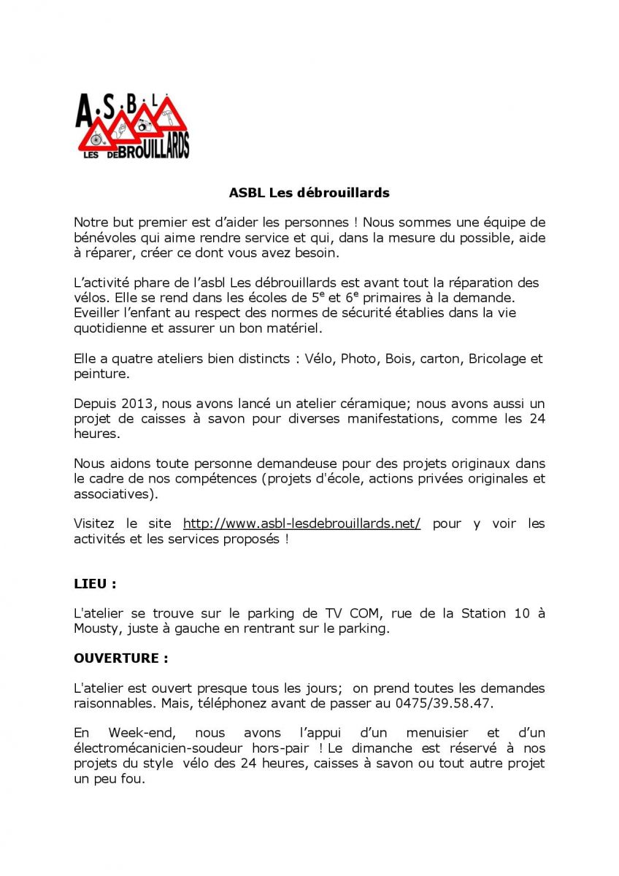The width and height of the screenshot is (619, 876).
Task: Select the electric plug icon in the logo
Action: (x=122, y=130)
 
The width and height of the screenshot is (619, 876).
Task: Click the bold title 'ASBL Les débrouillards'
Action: (x=309, y=193)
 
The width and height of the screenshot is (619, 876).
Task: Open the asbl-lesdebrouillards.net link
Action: (x=301, y=523)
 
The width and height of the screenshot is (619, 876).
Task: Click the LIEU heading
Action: (x=95, y=584)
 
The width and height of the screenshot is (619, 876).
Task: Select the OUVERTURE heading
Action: (x=120, y=658)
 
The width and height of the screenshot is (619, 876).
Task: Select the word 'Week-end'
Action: (x=139, y=732)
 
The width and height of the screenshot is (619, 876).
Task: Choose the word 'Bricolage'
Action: (x=499, y=359)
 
